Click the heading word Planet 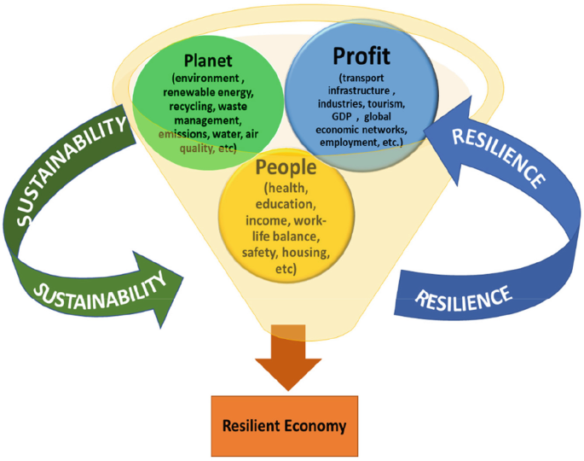pos(209,61)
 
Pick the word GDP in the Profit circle pos(340,116)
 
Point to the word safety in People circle pos(262,254)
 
